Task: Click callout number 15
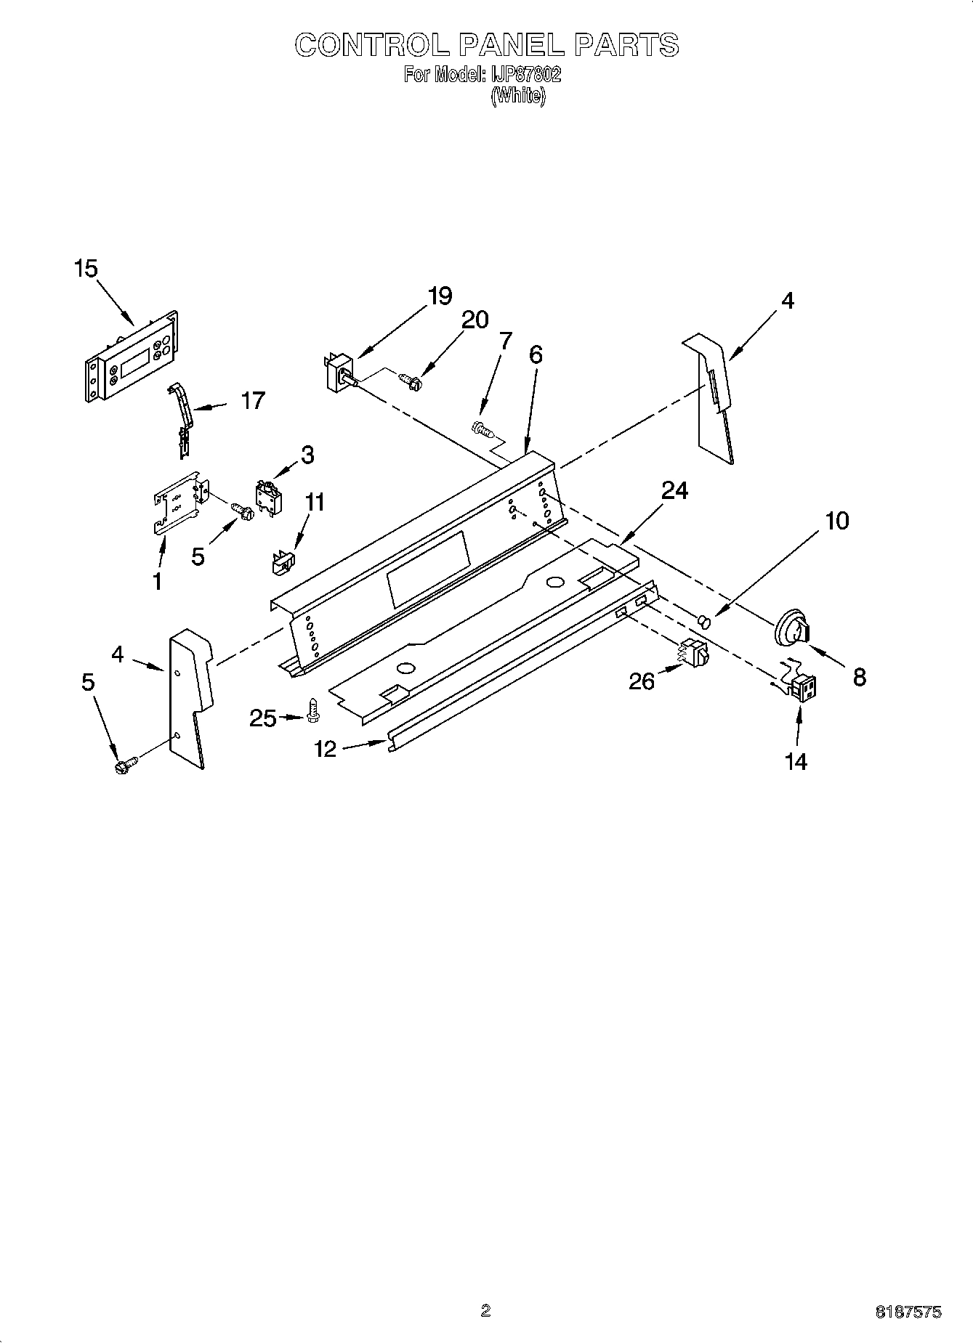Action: click(x=85, y=269)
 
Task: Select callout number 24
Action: click(x=674, y=491)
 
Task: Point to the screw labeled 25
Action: click(x=313, y=709)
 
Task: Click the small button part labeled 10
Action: click(x=703, y=620)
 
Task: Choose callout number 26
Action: click(x=642, y=681)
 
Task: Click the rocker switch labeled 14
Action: click(x=802, y=688)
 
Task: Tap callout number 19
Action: click(x=440, y=296)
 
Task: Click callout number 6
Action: click(x=535, y=354)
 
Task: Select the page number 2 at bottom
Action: click(x=485, y=1310)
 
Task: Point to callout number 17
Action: click(x=252, y=400)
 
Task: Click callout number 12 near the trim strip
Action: click(x=326, y=748)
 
